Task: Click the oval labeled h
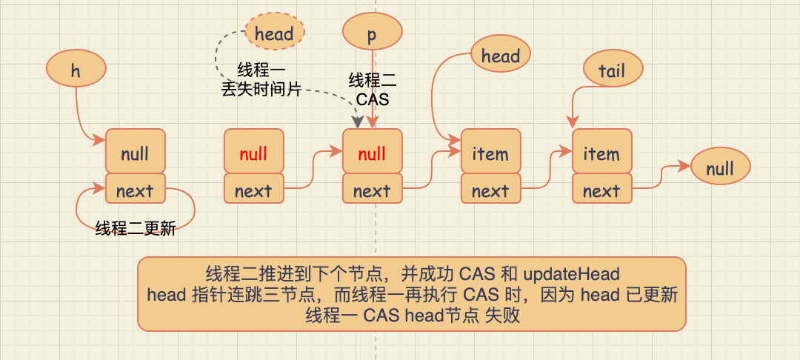click(x=76, y=70)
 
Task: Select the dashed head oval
click(x=274, y=33)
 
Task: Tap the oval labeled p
click(x=372, y=33)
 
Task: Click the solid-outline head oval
click(x=501, y=56)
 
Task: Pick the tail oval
click(x=612, y=70)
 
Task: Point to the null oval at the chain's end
click(x=720, y=168)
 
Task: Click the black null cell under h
click(x=135, y=153)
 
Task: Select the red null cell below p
click(x=372, y=153)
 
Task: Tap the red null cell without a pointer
click(x=253, y=153)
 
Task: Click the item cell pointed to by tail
click(x=601, y=153)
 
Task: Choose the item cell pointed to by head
click(x=490, y=153)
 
